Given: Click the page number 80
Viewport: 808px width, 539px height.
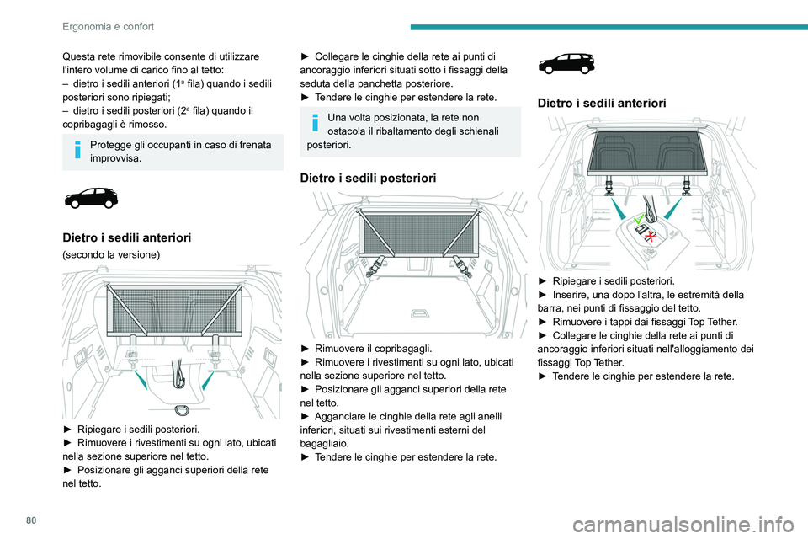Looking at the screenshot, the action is [31, 520].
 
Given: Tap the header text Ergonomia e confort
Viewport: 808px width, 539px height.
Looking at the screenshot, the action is [109, 26].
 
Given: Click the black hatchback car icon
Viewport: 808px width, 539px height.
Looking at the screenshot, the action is [91, 198].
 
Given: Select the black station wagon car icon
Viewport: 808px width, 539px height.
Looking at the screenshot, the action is [566, 63].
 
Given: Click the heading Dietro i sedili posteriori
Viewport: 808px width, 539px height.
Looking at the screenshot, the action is [368, 178].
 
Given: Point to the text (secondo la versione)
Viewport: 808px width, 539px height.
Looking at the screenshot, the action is [111, 255].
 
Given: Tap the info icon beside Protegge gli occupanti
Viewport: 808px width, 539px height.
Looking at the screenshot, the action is [77, 150].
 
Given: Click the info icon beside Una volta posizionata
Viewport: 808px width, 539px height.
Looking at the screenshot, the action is [316, 122].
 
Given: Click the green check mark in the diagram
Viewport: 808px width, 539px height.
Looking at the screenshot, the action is [639, 219].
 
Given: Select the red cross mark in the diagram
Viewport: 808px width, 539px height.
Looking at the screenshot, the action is [651, 236].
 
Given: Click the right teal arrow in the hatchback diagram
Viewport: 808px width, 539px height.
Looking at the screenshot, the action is [208, 380].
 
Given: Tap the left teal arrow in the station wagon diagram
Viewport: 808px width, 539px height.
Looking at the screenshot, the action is [619, 209].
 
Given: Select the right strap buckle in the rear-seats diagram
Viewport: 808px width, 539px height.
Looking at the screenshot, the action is [462, 265].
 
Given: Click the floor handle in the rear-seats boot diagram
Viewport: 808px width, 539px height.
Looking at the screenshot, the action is [418, 313].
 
